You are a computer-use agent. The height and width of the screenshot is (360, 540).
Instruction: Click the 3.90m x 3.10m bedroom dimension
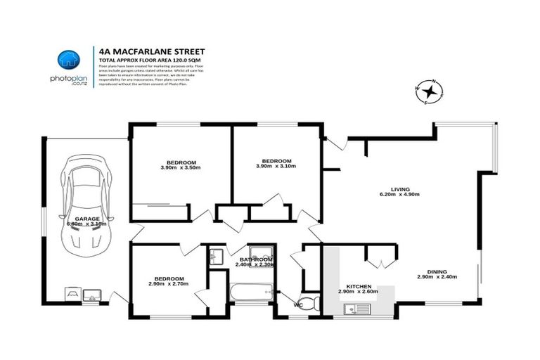point(276,167)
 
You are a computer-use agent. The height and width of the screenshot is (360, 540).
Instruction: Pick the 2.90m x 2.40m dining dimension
point(437,276)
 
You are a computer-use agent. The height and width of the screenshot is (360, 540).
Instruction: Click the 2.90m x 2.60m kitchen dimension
point(358,291)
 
